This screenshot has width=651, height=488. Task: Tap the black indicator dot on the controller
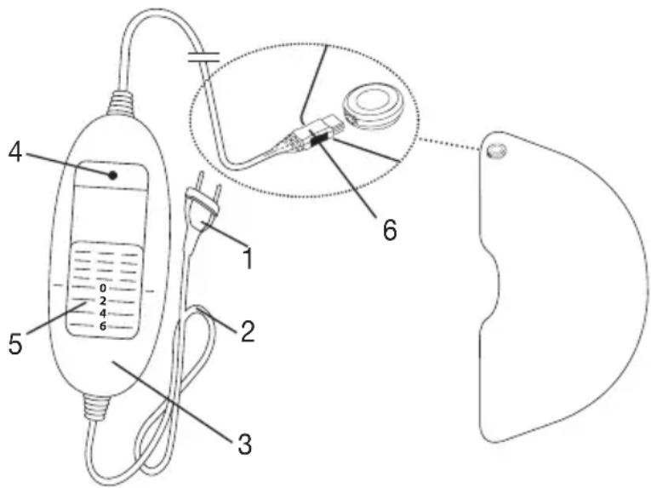pyautogui.click(x=111, y=175)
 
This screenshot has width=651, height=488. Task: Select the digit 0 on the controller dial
pyautogui.click(x=103, y=288)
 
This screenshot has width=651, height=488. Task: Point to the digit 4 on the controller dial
pyautogui.click(x=103, y=313)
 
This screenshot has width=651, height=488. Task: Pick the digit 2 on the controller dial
pyautogui.click(x=103, y=301)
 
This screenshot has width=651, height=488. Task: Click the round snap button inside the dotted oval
pyautogui.click(x=371, y=110)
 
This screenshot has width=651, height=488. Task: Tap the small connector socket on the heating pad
pyautogui.click(x=495, y=152)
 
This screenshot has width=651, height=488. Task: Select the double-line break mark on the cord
pyautogui.click(x=203, y=57)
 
